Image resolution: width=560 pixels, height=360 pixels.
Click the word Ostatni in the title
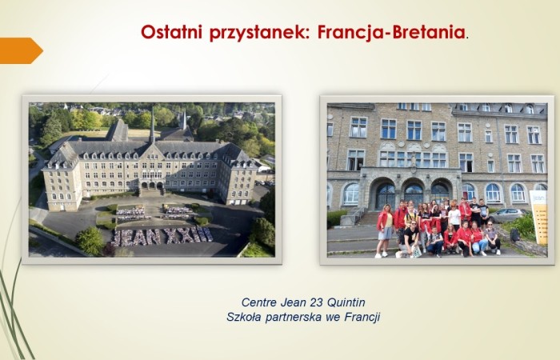tap(168, 33)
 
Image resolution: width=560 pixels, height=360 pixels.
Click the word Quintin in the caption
tap(349, 302)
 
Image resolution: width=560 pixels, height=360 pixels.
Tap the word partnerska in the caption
tap(295, 317)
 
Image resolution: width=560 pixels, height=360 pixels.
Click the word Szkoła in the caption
tap(245, 317)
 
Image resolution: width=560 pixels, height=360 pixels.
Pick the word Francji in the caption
tap(362, 317)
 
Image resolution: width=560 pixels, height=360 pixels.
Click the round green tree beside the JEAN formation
tap(90, 240)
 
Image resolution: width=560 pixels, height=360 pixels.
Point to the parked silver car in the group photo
tap(506, 214)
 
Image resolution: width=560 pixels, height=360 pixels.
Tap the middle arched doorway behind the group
tap(414, 194)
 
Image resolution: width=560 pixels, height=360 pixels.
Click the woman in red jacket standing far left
tap(385, 229)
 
